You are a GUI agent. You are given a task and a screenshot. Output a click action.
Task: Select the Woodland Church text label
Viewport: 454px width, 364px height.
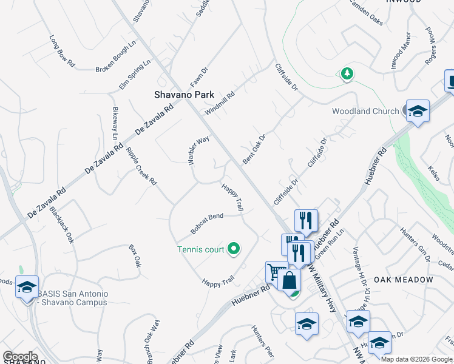(365, 111)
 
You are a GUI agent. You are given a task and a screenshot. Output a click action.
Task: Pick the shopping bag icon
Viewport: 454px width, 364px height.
(290, 281)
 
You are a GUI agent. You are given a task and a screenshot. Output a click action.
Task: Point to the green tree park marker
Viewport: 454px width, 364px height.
(347, 74)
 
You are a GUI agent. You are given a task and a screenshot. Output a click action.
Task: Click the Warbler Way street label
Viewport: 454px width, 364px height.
(198, 149)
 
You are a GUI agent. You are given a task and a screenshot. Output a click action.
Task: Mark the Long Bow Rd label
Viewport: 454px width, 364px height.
(61, 51)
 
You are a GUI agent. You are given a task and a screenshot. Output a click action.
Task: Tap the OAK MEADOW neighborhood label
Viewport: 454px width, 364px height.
(403, 280)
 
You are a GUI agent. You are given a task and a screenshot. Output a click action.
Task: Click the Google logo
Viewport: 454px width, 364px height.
(20, 356)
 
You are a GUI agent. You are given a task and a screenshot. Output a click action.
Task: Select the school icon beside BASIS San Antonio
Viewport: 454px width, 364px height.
(27, 287)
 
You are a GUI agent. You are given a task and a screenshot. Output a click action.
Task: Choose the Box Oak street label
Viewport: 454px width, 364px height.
(135, 255)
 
